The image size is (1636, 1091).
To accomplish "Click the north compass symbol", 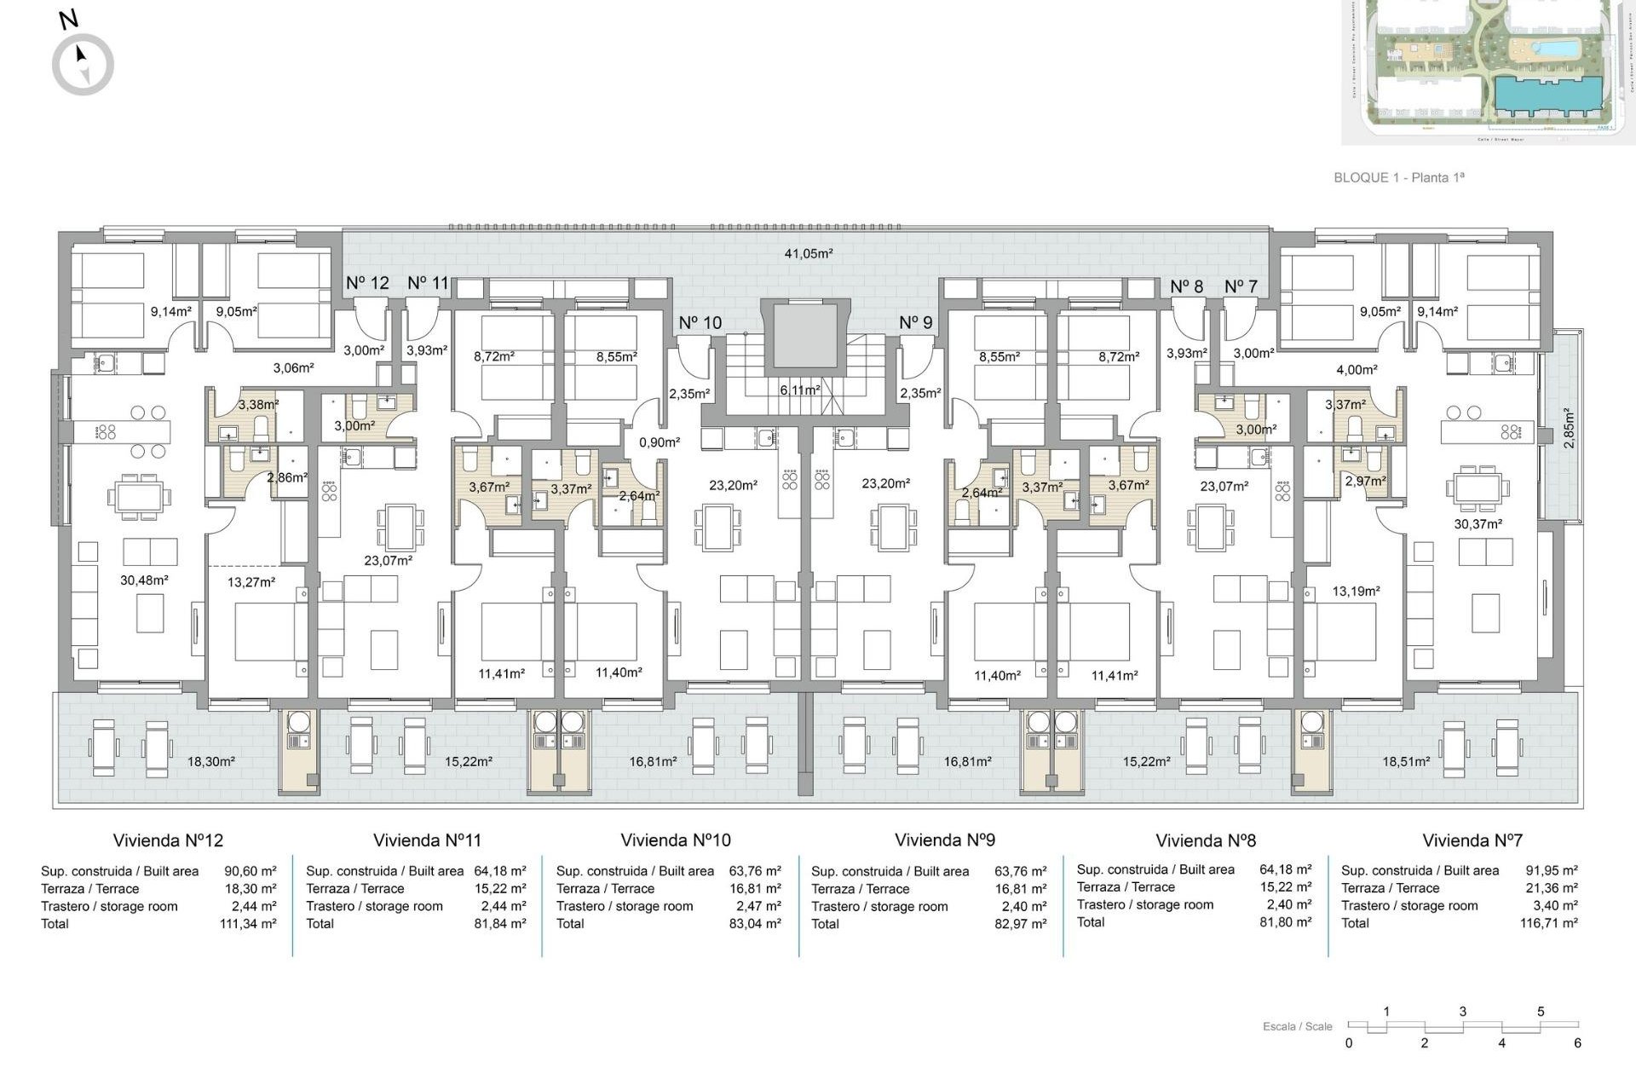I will coord(83,64).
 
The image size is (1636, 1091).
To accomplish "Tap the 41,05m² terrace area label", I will coord(808,253).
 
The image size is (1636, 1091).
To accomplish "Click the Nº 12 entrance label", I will coord(367,283).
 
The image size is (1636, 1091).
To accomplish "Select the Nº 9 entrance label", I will coord(915,322).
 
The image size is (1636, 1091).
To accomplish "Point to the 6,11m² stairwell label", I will coord(799,390).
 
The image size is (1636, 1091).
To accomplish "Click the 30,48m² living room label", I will coord(144,580).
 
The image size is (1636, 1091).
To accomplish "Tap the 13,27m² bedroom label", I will coord(251,582).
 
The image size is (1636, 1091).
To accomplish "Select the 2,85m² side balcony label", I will coord(1569,428).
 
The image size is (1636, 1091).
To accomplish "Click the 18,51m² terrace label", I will coord(1405,761).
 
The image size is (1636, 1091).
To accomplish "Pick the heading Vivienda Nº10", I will coord(675,840).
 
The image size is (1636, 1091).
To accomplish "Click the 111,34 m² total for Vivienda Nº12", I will coord(248,923).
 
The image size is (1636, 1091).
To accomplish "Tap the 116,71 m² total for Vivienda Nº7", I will coord(1548,923).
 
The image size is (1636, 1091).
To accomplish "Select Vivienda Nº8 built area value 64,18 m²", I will coord(1285,869).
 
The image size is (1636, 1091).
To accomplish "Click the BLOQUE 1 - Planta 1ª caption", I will coord(1398,177).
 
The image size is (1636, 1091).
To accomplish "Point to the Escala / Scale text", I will coord(1297,1026).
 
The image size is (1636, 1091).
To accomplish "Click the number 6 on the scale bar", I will coord(1577,1043).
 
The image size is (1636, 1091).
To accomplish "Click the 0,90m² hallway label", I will coord(660,442).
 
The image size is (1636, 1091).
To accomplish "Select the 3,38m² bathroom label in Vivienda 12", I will coord(258,405).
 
